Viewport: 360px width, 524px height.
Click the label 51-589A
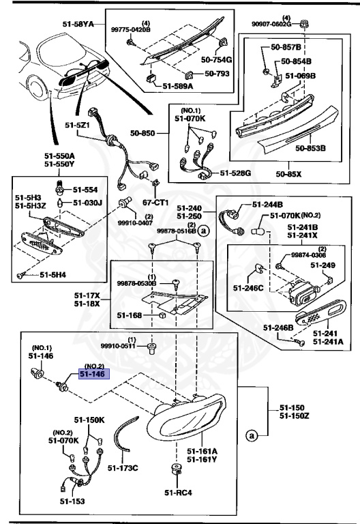pos(178,87)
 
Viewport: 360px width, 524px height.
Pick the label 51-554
pos(86,190)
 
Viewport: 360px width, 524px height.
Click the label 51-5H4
pos(53,275)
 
